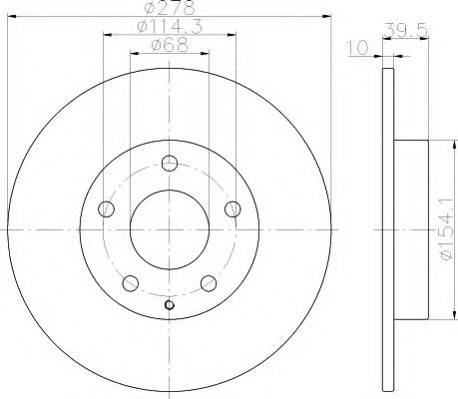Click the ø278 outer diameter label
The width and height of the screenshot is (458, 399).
(169, 9)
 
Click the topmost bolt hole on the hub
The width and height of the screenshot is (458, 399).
(169, 165)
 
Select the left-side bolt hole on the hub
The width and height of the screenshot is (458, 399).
(108, 208)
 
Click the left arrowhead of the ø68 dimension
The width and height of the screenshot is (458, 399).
(134, 55)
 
